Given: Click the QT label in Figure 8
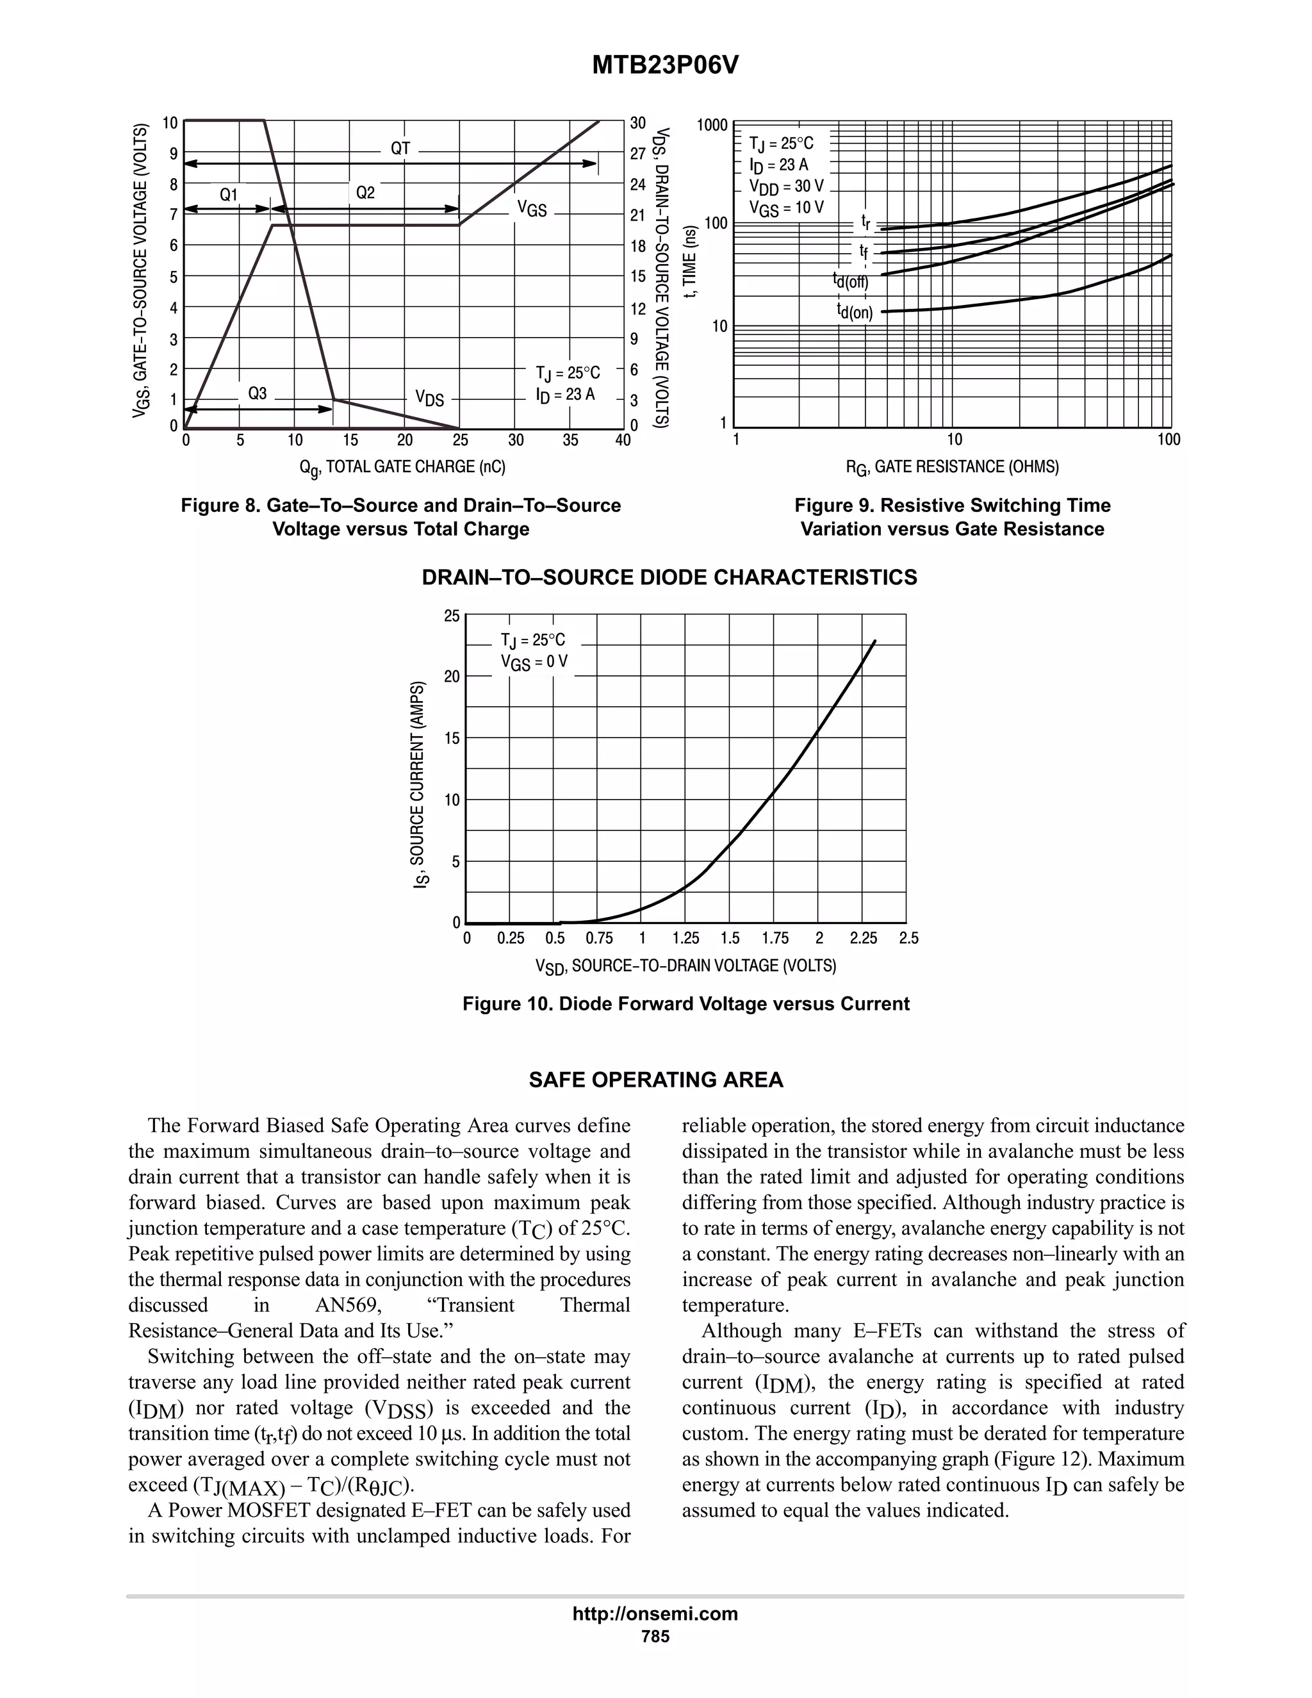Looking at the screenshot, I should [x=400, y=149].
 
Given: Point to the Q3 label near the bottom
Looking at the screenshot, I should [x=258, y=393].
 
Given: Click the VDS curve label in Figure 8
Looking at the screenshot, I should [x=429, y=399].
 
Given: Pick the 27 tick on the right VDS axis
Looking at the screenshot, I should [x=638, y=154].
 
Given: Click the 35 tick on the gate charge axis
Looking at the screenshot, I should [x=571, y=441].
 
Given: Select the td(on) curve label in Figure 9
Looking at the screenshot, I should [x=854, y=313].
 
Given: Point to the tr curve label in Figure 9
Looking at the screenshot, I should [x=865, y=223].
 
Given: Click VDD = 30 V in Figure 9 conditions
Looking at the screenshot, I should [x=786, y=186].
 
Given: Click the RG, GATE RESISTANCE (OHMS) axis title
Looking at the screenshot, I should [x=952, y=467].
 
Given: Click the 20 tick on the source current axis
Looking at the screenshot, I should [x=452, y=677].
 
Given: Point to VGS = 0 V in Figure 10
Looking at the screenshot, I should [x=534, y=663].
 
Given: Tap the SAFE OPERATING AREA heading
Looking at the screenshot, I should [x=656, y=1080].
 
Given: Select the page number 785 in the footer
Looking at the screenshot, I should [x=655, y=1636].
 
